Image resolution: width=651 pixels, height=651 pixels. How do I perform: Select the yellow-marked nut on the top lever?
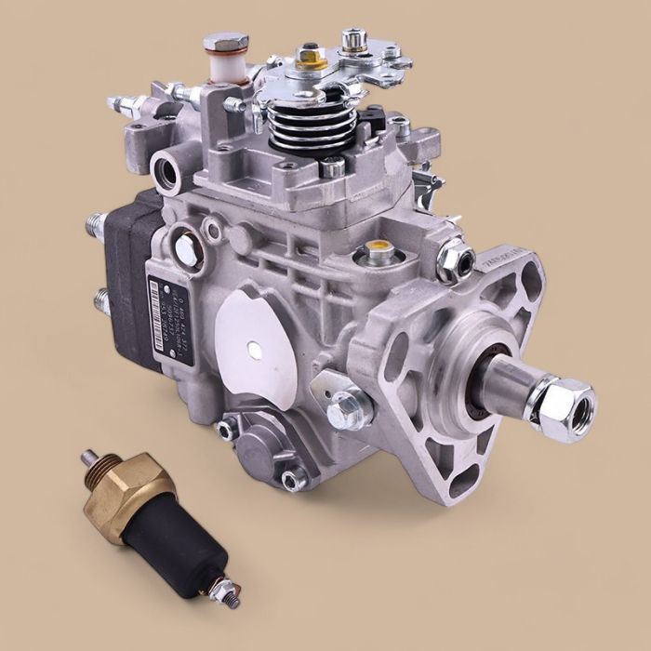(311, 58)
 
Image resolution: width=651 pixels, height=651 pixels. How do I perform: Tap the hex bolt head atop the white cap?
(225, 43)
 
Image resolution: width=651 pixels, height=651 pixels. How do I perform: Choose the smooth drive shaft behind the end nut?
(507, 381)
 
